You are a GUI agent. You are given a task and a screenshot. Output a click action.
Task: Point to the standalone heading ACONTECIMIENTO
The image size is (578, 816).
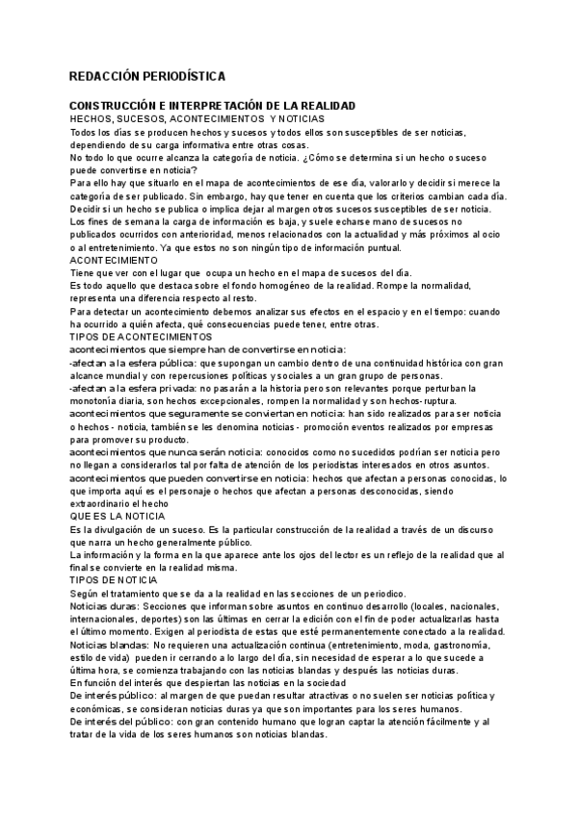[x=115, y=260]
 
